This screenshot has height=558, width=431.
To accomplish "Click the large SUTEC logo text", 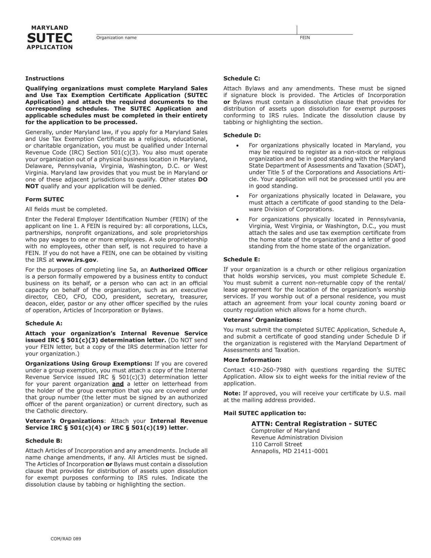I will point(50,38).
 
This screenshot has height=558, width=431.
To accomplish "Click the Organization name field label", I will point(116,38).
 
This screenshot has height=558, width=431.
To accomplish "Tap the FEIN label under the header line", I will point(305,38).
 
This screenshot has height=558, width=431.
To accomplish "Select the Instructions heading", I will point(45,78).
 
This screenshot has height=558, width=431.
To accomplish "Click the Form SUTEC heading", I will point(45,200).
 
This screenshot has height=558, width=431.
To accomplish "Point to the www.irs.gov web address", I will point(76,260).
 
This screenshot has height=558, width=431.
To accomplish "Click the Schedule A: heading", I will point(44,323).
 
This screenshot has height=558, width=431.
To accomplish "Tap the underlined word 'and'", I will point(118,384).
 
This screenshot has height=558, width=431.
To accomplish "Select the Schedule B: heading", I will point(44,441).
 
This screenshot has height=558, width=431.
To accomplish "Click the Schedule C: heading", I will point(242,78).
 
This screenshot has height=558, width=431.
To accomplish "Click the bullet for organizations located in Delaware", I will point(238,196).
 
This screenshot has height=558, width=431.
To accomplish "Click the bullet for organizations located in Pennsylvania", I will point(238,219).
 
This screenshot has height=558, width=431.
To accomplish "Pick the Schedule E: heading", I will point(242,259).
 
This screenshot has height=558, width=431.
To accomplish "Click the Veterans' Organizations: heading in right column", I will point(262,320).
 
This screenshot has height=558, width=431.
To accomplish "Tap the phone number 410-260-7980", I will point(270,370).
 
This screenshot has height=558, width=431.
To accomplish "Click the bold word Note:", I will point(232,393).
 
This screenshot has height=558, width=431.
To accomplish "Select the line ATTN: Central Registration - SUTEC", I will point(314,424).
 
